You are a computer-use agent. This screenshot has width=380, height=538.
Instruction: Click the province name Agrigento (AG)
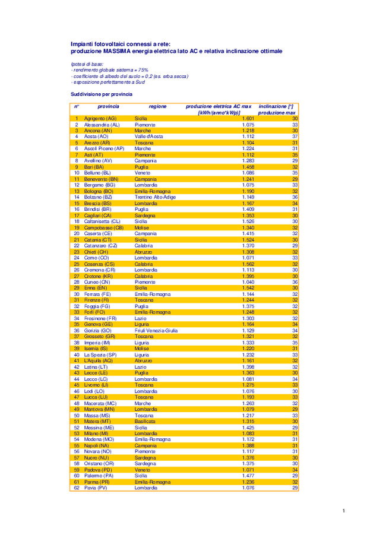pos(100,119)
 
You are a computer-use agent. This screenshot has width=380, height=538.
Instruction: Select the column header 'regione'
pos(157,106)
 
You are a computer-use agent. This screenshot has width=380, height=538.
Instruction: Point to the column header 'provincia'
pos(108,106)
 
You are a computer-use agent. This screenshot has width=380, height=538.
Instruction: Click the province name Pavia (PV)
pos(96,488)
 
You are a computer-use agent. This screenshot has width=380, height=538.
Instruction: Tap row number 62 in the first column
pos(77,488)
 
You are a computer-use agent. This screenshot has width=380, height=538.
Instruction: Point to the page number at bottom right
pos(344,511)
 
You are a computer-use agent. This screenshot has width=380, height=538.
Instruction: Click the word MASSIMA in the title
pos(110,52)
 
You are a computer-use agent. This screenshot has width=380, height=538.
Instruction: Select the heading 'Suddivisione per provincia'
pos(102,94)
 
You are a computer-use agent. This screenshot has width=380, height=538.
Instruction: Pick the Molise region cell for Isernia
pos(141,349)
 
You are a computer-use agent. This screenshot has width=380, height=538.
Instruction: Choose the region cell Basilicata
pos(144,421)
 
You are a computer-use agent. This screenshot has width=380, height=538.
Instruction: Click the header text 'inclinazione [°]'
pos(277,106)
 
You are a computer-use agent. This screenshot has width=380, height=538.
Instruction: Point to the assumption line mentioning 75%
pos(110,70)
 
